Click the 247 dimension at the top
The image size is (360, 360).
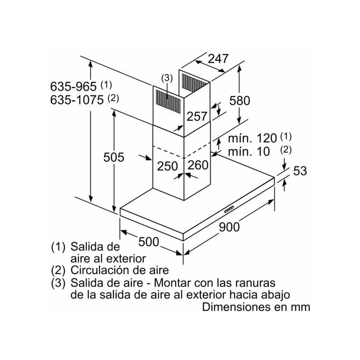pyautogui.click(x=218, y=58)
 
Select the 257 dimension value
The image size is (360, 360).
pyautogui.click(x=197, y=117)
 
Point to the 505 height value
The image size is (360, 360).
pyautogui.click(x=114, y=157)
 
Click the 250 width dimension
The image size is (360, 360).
pyautogui.click(x=168, y=165)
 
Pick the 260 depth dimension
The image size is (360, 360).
pyautogui.click(x=198, y=165)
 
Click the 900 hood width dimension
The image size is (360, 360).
pyautogui.click(x=229, y=228)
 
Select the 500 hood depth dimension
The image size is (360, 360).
pyautogui.click(x=148, y=242)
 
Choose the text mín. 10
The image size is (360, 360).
pyautogui.click(x=249, y=151)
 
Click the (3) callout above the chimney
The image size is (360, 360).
pyautogui.click(x=166, y=78)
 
